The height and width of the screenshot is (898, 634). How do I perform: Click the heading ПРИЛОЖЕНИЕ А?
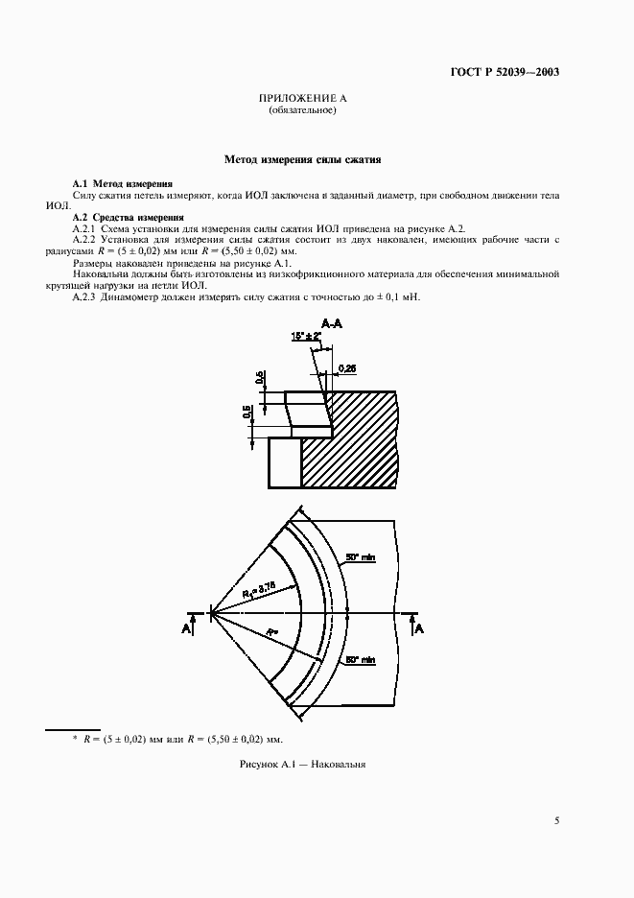[302, 99]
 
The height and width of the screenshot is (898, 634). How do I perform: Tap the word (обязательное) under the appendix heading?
[302, 110]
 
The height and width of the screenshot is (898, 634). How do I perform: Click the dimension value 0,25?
[348, 367]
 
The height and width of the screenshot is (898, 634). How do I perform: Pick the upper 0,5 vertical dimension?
[260, 378]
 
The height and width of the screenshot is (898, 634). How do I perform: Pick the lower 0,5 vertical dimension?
[247, 414]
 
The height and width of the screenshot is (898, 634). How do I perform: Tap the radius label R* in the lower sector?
[272, 632]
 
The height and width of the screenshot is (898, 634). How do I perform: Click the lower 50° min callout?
[360, 659]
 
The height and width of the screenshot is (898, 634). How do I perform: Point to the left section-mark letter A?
[185, 627]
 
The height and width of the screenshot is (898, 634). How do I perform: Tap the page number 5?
[557, 820]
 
